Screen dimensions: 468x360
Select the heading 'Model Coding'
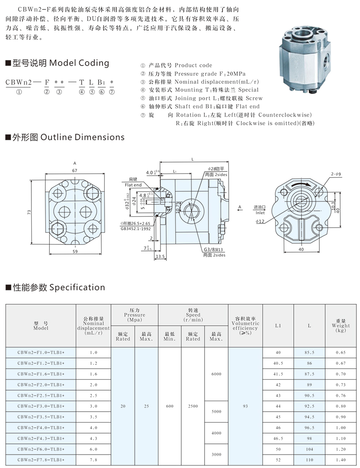coord(79,63)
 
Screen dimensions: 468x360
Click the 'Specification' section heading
coord(77,287)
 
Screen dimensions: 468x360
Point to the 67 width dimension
coord(75,170)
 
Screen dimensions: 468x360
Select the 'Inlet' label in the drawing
coord(260,213)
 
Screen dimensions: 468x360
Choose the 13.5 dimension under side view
coord(160,256)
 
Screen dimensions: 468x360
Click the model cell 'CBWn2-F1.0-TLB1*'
coord(41,352)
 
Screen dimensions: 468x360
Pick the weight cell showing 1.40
coord(341,460)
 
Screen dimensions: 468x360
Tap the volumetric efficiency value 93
coord(245,406)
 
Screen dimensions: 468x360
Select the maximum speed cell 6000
coord(216,374)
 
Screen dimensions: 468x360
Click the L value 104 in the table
coord(309,449)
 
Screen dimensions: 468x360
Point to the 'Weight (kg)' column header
coord(341,325)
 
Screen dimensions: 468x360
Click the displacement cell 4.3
coord(93,438)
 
